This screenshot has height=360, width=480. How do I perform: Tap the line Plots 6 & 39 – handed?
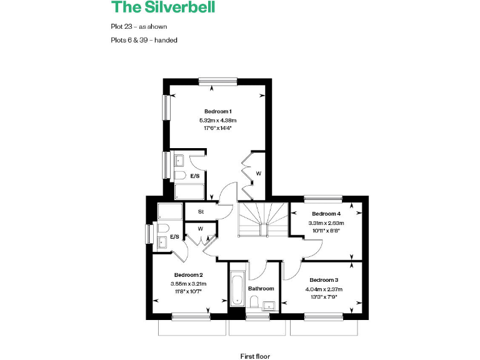tap(143, 40)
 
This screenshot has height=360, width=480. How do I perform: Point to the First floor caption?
tap(255, 356)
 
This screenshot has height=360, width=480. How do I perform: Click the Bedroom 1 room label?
tap(217, 111)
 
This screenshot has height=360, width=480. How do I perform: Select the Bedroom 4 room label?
tap(326, 214)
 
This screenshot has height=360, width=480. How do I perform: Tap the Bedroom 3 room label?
tap(324, 279)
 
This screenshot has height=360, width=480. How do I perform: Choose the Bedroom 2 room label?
tap(188, 275)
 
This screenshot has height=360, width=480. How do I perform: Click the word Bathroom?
tap(261, 289)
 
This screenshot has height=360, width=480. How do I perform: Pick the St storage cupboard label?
tap(201, 212)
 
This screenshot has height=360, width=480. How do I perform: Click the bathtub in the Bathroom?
tap(237, 289)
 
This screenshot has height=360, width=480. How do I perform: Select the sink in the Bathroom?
tap(269, 305)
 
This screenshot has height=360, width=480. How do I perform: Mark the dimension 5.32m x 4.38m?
tap(217, 120)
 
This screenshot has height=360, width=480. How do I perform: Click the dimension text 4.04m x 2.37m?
tap(324, 288)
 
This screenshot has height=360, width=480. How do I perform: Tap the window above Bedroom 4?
tap(323, 199)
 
